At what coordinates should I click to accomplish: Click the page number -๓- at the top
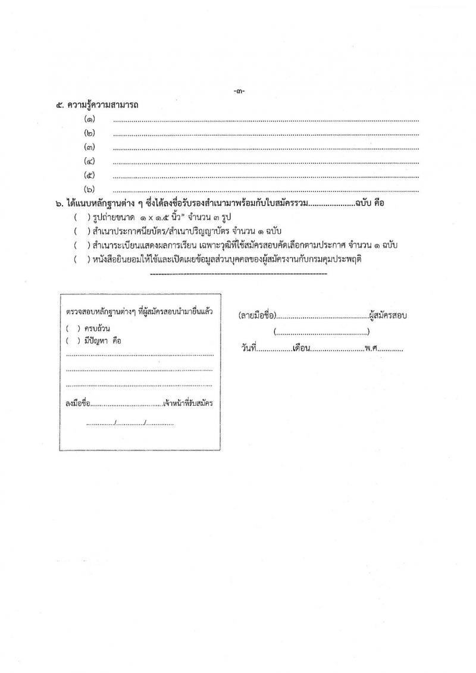pos(240,92)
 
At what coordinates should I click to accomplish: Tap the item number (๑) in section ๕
pos(90,120)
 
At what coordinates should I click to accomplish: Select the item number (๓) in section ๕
pos(90,147)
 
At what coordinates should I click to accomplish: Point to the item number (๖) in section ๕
pos(90,189)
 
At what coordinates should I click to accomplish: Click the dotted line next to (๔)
pos(265,161)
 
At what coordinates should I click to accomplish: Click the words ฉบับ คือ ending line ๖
pos(369,203)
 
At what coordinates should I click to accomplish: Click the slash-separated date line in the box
pos(130,424)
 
